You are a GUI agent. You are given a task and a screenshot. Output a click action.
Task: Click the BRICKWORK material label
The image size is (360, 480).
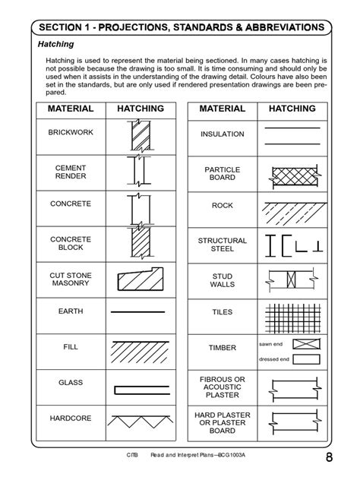[x=70, y=132]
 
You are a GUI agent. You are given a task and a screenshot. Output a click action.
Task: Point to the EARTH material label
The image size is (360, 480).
[x=70, y=311]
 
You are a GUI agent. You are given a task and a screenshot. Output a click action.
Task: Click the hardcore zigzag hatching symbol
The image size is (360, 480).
[x=139, y=419]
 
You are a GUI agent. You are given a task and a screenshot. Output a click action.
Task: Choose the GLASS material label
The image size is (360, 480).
[x=70, y=383]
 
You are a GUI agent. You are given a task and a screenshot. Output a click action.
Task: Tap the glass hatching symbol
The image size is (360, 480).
[x=139, y=389]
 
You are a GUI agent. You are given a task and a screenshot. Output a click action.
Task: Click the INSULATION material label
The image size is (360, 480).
[x=223, y=134]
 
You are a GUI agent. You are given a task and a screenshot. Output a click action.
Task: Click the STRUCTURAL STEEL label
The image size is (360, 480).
[x=223, y=245]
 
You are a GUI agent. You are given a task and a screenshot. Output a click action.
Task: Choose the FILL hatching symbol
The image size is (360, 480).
[x=139, y=349]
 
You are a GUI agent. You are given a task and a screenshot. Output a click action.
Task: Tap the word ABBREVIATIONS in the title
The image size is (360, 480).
[x=276, y=27]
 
